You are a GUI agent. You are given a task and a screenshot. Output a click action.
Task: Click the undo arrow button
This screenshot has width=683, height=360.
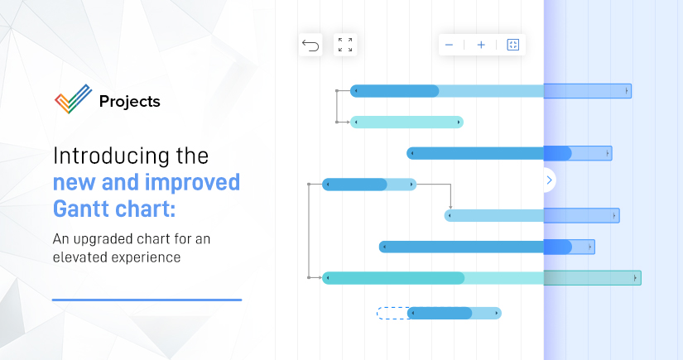tap(310, 45)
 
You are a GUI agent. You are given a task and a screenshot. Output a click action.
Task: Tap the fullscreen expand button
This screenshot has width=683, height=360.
tap(345, 45)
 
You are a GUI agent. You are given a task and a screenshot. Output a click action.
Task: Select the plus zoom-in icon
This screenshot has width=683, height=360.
tap(481, 45)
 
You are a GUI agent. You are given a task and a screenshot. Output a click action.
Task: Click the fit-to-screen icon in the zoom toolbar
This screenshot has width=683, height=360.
tap(512, 45)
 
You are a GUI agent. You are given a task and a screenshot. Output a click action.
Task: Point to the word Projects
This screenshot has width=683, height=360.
tap(129, 102)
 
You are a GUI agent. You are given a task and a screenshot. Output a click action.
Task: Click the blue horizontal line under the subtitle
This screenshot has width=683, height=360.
tap(147, 300)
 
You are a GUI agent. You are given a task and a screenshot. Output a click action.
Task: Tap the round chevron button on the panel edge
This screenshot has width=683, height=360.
tap(549, 180)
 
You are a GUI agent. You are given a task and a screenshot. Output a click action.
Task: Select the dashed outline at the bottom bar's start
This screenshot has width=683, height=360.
tap(392, 313)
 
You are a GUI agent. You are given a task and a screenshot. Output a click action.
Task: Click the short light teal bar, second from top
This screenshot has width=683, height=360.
tap(406, 122)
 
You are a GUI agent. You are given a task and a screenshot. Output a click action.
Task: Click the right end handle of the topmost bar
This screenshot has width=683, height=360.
tap(627, 90)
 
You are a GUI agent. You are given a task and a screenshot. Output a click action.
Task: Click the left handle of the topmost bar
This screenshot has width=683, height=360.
tap(355, 90)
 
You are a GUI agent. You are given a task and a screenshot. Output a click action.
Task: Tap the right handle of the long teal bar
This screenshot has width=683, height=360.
tap(636, 278)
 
